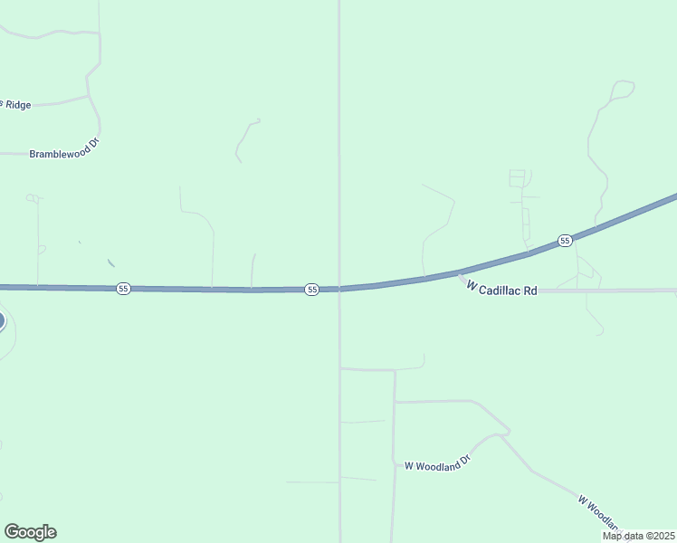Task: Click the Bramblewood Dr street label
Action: point(62,155)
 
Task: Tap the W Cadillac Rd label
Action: point(502,289)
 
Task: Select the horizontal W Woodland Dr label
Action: point(438,464)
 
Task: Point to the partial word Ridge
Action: point(17,105)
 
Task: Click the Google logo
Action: point(30,532)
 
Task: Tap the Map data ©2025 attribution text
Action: point(637,536)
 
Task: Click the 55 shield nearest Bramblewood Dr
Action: point(123,288)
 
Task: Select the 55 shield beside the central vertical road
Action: point(311,289)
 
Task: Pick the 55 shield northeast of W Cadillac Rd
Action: point(565,240)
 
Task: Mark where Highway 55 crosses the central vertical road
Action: point(339,289)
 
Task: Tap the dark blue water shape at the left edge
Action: point(2,320)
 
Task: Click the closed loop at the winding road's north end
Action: point(623,89)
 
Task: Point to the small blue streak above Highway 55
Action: point(110,263)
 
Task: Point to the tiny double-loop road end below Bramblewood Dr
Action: point(33,198)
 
